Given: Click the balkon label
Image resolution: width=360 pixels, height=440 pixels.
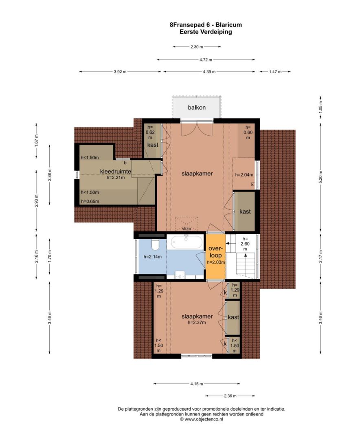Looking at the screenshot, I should (x=197, y=108).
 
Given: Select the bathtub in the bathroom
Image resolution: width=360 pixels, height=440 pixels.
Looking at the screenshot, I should (x=186, y=242).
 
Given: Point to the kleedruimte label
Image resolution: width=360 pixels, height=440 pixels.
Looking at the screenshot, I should (x=116, y=172).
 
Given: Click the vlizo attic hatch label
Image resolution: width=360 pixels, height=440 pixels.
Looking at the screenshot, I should (x=187, y=229).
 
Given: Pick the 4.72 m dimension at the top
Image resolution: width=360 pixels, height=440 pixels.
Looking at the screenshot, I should (x=206, y=59).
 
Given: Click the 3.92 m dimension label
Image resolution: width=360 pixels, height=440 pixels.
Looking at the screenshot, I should (x=120, y=72).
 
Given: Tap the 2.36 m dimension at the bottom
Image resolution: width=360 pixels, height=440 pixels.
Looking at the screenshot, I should (x=230, y=396).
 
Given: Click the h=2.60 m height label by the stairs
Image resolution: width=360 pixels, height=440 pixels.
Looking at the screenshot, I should (x=245, y=244).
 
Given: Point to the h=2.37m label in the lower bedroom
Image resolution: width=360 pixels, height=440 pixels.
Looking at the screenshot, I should (x=197, y=322).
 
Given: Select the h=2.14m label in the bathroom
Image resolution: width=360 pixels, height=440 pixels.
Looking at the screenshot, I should (x=153, y=257).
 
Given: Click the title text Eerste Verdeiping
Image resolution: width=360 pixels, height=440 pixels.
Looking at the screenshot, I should (x=206, y=32).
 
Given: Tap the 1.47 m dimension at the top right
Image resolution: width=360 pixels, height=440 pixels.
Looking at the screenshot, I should (x=275, y=72).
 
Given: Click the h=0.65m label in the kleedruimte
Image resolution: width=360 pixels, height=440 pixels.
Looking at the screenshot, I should (x=90, y=201).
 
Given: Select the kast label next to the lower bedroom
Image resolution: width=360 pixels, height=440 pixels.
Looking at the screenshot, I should (x=233, y=317).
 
